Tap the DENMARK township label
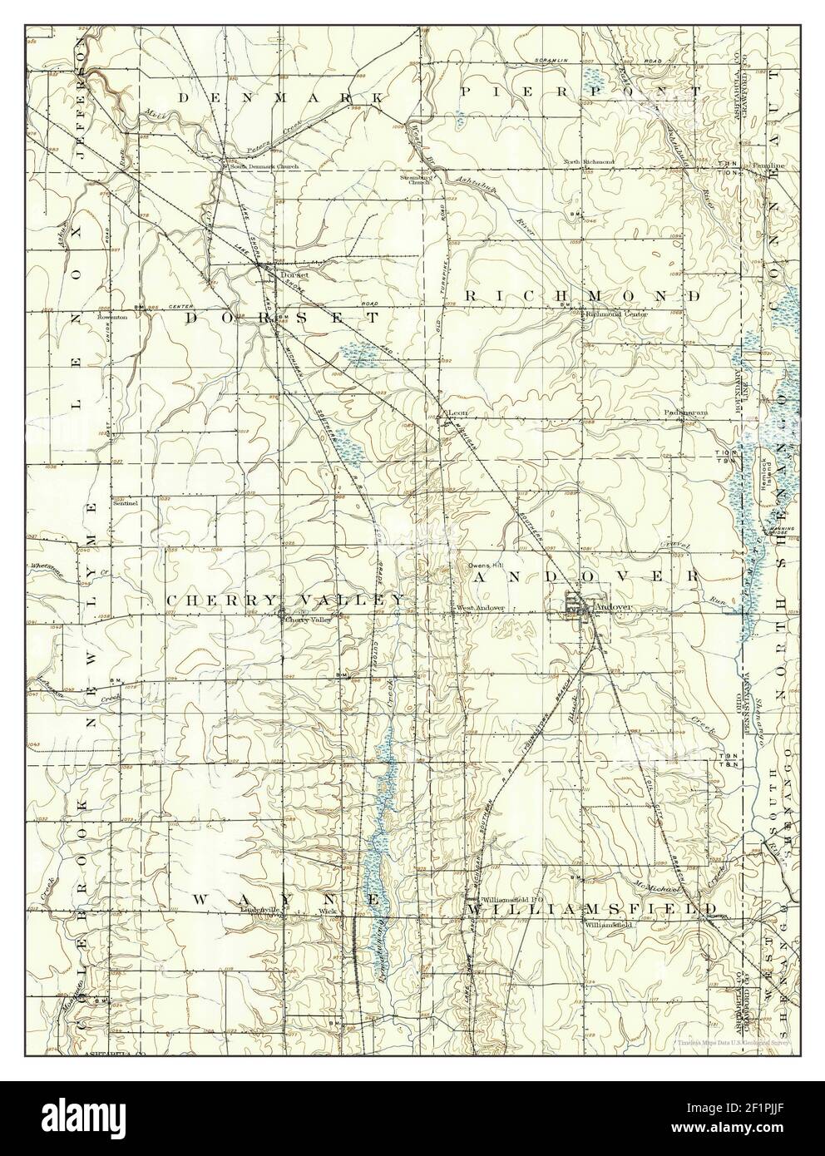[x=281, y=97]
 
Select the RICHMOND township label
[x=581, y=296]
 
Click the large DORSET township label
[x=281, y=318]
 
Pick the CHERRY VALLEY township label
[x=287, y=600]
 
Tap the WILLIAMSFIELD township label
[x=581, y=910]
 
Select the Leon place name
[x=458, y=413]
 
